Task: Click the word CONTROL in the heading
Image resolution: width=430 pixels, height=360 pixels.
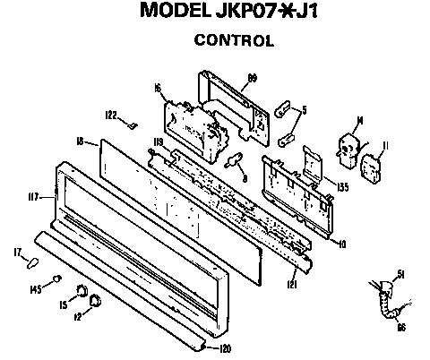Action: click(x=234, y=40)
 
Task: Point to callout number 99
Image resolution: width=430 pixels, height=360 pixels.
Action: click(x=253, y=78)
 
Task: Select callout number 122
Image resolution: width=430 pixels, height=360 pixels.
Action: click(x=112, y=116)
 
